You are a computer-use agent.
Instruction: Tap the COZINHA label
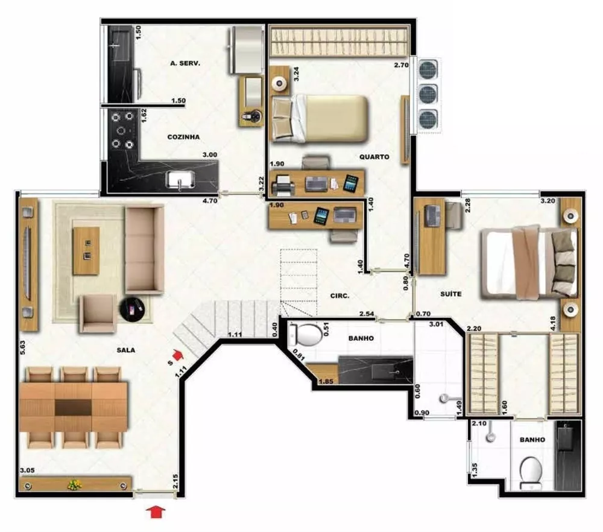(183, 137)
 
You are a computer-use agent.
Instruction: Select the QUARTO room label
(374, 157)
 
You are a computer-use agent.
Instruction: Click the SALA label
(127, 350)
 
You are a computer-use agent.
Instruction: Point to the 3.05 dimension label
(28, 470)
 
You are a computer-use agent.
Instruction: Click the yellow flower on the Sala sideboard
(75, 484)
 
